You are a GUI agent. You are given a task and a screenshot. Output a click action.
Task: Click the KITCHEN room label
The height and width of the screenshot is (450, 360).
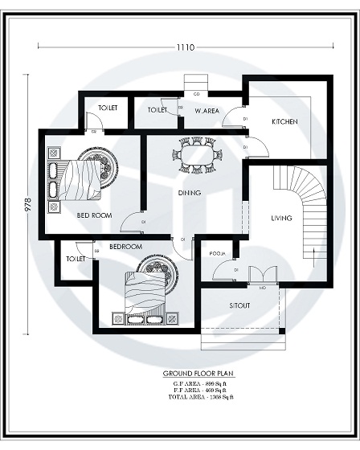(284, 121)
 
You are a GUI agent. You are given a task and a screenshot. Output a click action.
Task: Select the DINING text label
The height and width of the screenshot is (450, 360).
(190, 193)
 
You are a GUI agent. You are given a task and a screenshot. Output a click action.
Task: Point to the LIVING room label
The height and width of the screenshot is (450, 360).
(281, 218)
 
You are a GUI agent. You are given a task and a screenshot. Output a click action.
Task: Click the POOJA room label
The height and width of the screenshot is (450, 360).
(217, 253)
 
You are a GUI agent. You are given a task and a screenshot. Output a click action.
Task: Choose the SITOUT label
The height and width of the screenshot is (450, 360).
(239, 307)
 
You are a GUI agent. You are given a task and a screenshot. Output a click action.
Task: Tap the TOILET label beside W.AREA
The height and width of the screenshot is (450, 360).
(157, 110)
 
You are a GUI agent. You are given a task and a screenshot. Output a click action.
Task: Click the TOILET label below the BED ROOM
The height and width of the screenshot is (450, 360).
(76, 260)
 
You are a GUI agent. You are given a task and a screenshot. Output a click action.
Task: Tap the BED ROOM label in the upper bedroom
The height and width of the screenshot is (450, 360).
(94, 216)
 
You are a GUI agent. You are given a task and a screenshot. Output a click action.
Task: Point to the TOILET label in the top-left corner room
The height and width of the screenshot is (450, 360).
(108, 108)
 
